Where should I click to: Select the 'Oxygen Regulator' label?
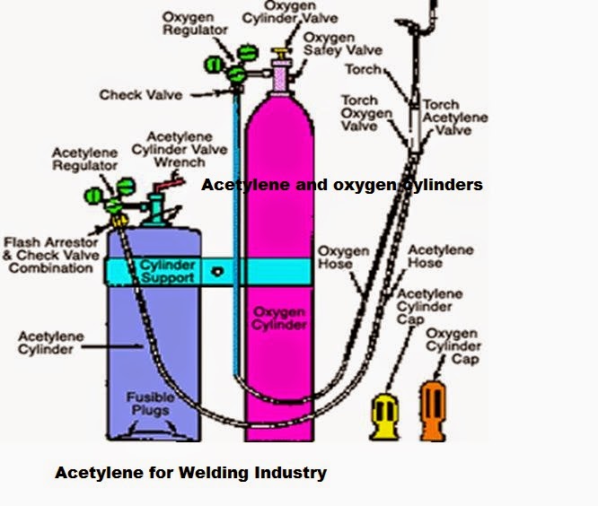[x=189, y=24]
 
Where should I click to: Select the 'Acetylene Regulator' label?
[x=84, y=160]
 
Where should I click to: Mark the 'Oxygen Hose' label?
[x=343, y=258]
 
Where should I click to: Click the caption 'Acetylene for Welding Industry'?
[x=190, y=472]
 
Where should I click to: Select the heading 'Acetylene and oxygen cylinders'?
[x=342, y=185]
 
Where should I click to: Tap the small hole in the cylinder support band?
[x=216, y=271]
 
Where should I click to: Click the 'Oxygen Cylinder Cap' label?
[x=453, y=346]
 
